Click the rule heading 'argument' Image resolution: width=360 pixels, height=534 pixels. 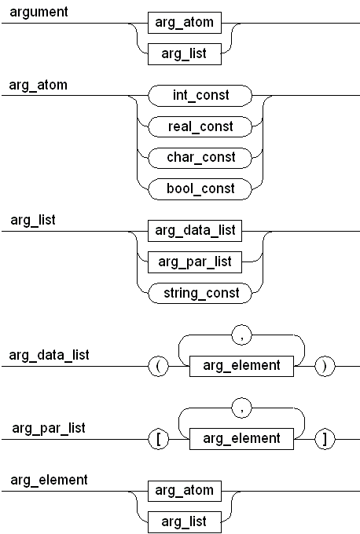coord(39,12)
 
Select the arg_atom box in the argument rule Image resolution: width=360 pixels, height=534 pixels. coord(185,23)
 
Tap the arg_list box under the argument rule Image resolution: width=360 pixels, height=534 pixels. coord(185,54)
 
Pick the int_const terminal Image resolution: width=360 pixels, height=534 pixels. coord(200,95)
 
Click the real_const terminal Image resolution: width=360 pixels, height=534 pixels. coord(200,126)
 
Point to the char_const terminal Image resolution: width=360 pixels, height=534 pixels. coord(200,158)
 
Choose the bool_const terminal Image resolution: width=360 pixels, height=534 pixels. coord(200,189)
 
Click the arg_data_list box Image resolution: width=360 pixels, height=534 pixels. coord(195,231)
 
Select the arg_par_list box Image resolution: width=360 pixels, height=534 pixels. coord(195,262)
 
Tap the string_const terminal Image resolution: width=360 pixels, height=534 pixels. coord(200,293)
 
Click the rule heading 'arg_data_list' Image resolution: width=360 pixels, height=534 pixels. coord(49,355)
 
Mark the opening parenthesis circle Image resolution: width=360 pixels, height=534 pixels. coord(159,367)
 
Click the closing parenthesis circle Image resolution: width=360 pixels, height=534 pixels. coord(325,367)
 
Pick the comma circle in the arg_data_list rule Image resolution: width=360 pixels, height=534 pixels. coord(242,335)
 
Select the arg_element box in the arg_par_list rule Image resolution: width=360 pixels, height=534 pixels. coord(241,439)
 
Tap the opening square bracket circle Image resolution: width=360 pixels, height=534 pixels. coord(159,439)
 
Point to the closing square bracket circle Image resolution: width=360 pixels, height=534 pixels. coord(325,439)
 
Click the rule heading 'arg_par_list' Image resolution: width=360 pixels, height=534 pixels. coord(49,428)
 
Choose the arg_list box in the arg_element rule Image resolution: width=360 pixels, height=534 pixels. coord(185,522)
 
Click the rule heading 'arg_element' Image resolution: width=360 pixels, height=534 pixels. coord(49,480)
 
